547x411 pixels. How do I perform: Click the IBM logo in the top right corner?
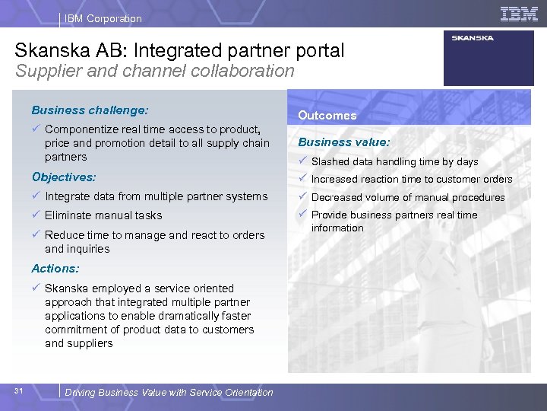click(519, 14)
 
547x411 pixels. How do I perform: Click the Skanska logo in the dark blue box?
click(473, 38)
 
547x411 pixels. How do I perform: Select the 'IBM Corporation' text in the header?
click(103, 18)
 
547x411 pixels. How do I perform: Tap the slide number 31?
click(19, 391)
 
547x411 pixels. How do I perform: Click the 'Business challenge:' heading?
click(90, 110)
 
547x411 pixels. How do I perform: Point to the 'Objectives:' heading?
click(64, 177)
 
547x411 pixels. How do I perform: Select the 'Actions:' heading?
click(55, 268)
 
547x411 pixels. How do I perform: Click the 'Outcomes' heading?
click(327, 116)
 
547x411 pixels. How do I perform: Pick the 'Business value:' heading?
click(344, 142)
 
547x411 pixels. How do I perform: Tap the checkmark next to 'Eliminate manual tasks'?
click(36, 215)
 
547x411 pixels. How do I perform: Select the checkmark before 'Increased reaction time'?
click(302, 179)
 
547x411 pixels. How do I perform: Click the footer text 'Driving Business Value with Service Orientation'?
click(169, 392)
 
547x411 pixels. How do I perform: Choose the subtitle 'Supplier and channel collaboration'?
click(154, 71)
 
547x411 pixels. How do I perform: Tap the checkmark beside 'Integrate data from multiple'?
click(36, 196)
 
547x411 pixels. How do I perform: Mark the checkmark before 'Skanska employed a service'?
click(36, 288)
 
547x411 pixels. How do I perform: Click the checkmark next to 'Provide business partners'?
click(302, 215)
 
